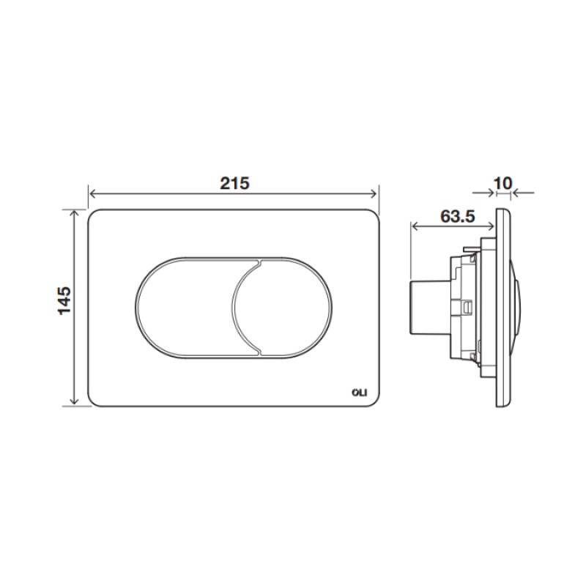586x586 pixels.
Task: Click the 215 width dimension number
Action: pyautogui.click(x=234, y=183)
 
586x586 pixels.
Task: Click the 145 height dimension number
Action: pyautogui.click(x=64, y=301)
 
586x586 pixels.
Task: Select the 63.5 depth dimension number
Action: pyautogui.click(x=457, y=216)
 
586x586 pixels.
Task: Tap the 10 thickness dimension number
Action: pyautogui.click(x=503, y=183)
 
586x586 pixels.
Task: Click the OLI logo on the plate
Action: pyautogui.click(x=360, y=393)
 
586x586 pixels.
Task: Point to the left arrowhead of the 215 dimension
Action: pyautogui.click(x=93, y=193)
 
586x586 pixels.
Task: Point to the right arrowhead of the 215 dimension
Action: pyautogui.click(x=374, y=193)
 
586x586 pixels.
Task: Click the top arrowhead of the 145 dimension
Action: pyautogui.click(x=75, y=214)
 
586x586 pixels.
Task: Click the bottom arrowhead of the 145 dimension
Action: pyautogui.click(x=75, y=401)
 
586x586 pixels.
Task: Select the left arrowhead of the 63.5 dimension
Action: pyautogui.click(x=415, y=226)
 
